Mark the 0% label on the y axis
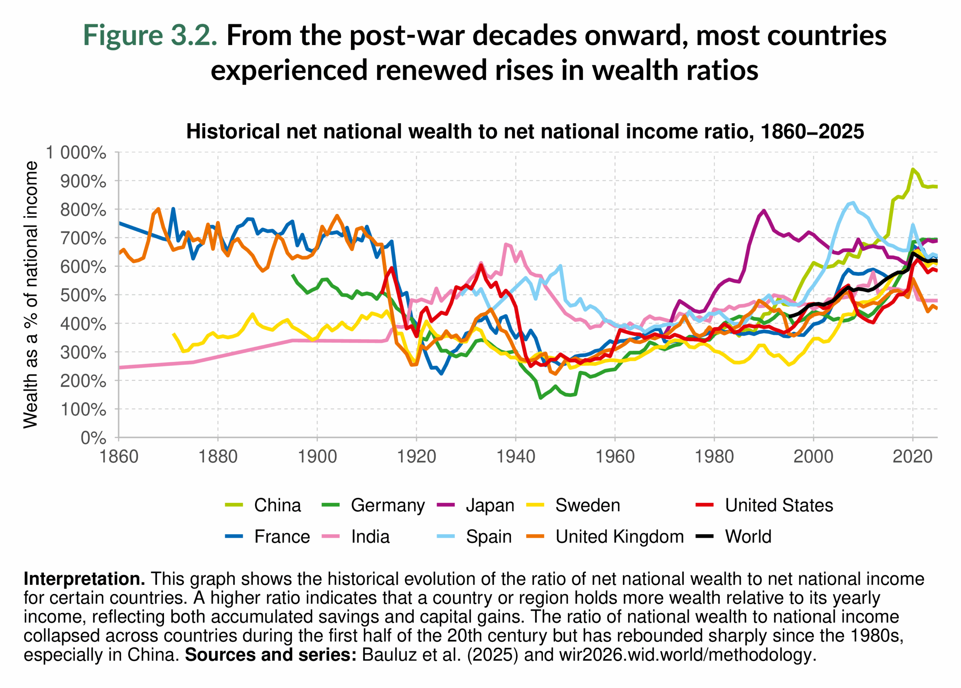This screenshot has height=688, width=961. point(93,438)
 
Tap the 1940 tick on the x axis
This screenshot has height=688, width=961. point(516,457)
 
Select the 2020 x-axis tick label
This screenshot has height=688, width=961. point(912,457)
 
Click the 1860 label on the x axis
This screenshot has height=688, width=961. point(119,457)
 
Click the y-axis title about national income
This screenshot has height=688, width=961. point(30,295)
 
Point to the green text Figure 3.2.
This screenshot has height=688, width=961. point(150,35)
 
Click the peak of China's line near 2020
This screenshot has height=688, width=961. point(912,169)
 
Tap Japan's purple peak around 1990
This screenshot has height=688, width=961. point(764,210)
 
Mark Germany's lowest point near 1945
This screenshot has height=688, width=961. point(541,398)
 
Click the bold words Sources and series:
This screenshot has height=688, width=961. point(271,655)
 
